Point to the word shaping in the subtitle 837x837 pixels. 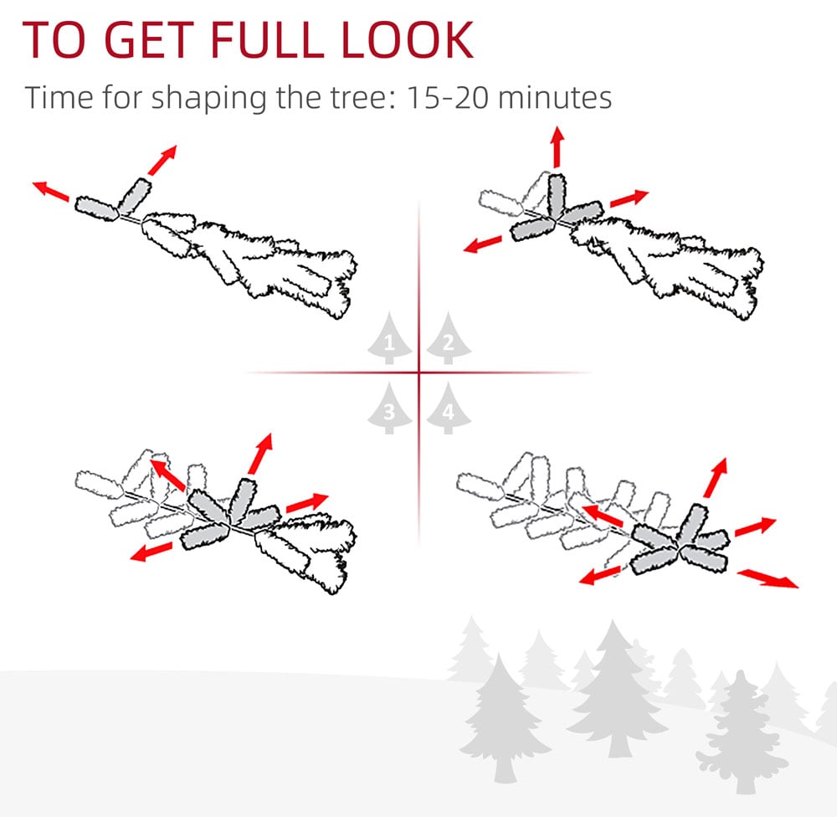(x=208, y=100)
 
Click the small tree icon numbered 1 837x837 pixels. (x=389, y=338)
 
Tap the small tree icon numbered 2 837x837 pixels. (x=449, y=338)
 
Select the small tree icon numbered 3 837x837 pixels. (x=389, y=408)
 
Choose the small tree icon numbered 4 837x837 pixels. (x=449, y=408)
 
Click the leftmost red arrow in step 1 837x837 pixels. (x=51, y=191)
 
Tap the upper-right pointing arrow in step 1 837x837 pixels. (x=162, y=160)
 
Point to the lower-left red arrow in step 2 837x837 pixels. (x=483, y=244)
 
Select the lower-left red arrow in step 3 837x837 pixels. (x=151, y=552)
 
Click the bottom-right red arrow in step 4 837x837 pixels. (x=768, y=578)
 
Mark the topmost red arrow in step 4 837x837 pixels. (x=716, y=477)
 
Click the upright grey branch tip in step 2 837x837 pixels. (x=557, y=195)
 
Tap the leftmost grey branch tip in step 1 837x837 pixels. (x=96, y=208)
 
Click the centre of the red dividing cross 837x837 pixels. (x=419, y=372)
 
